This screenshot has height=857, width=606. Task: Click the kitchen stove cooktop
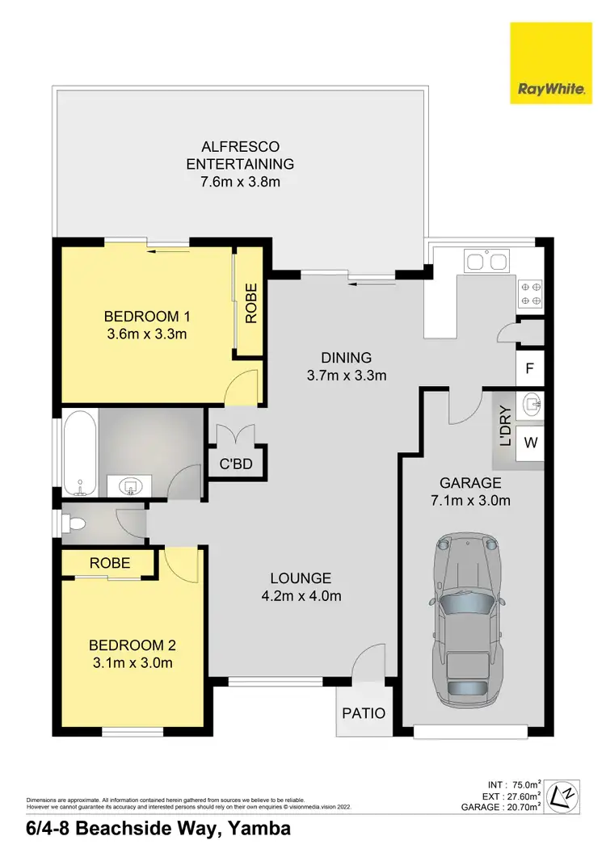click(530, 293)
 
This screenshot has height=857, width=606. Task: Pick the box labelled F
click(530, 369)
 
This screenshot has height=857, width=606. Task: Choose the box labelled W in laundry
click(530, 442)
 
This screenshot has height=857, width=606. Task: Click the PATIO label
click(363, 713)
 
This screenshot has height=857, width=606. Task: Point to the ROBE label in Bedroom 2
click(110, 563)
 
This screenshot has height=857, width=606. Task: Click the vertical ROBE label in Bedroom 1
click(250, 303)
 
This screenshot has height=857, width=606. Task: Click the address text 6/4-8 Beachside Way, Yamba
click(147, 829)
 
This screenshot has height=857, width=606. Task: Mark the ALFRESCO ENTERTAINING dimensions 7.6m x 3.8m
click(240, 182)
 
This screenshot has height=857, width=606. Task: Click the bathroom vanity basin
click(130, 486)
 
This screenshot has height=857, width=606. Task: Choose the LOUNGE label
click(301, 578)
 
